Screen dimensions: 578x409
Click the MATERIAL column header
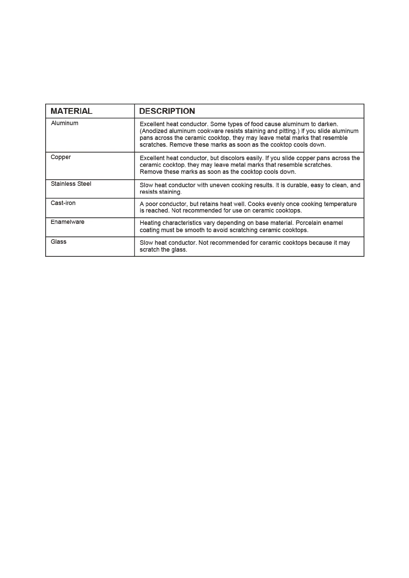tap(71, 111)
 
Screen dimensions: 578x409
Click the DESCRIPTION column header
tap(167, 111)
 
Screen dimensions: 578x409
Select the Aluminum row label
tap(64, 123)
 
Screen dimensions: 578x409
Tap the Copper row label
tap(61, 157)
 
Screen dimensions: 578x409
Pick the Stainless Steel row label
tap(71, 184)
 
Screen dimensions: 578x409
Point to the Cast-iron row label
tap(63, 203)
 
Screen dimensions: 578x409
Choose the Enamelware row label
tap(67, 222)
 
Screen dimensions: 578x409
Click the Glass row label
tap(59, 242)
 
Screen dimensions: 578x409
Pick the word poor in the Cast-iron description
tap(151, 204)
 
